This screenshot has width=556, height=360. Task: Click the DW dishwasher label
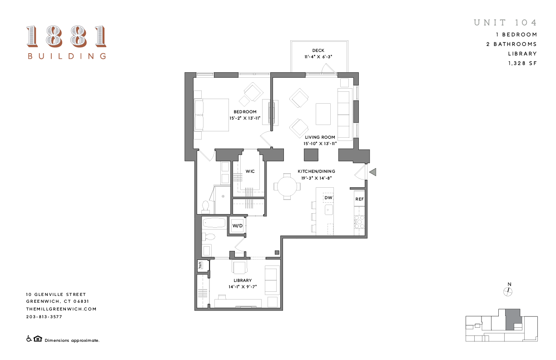[328, 198]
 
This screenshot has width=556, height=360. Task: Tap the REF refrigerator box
[359, 199]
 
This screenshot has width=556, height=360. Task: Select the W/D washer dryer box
[238, 225]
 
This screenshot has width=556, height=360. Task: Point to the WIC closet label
[250, 171]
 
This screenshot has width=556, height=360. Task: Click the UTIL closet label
[200, 265]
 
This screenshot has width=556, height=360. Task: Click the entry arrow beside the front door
[373, 172]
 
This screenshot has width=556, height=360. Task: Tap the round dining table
[287, 186]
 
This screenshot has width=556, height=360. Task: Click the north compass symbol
[509, 291]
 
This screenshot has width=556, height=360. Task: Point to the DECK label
[318, 50]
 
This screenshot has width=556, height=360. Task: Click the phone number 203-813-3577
[44, 316]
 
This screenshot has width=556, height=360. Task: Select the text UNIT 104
[505, 23]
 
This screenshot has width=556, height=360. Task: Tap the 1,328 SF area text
[522, 64]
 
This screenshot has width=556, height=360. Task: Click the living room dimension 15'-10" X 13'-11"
[320, 144]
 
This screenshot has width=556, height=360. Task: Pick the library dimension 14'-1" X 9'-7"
[243, 287]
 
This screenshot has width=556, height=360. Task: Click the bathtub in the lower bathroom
[214, 223]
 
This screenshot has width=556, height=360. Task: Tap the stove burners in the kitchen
[359, 221]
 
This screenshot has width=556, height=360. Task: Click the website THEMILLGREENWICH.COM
[61, 309]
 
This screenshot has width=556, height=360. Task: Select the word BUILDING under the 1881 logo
[67, 56]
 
